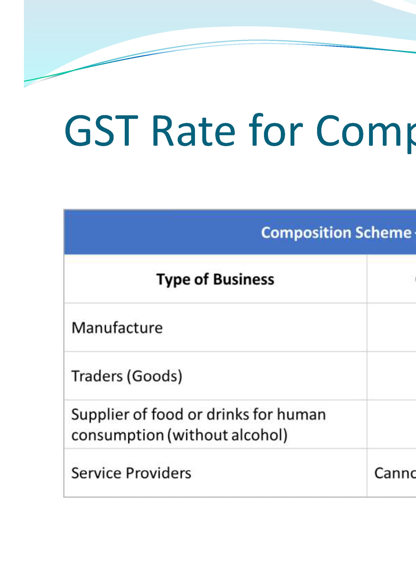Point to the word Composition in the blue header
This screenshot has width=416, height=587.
[x=306, y=233]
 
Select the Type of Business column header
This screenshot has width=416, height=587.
[x=215, y=280]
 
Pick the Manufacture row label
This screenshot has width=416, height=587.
[x=117, y=328]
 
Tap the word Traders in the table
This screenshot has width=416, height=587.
[x=97, y=376]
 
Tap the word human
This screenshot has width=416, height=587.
[x=301, y=414]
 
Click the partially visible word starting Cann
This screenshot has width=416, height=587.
[x=395, y=473]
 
